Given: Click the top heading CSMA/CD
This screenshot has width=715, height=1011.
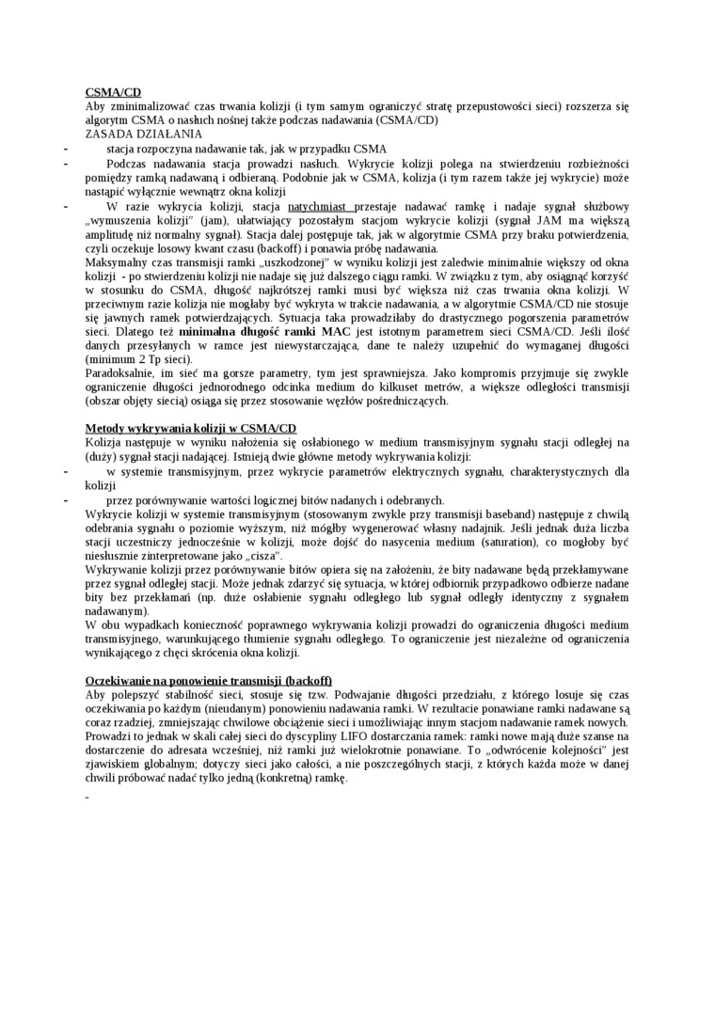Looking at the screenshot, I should point(113,92).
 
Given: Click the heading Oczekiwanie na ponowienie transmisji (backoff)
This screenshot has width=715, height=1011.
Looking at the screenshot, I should point(208,680).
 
